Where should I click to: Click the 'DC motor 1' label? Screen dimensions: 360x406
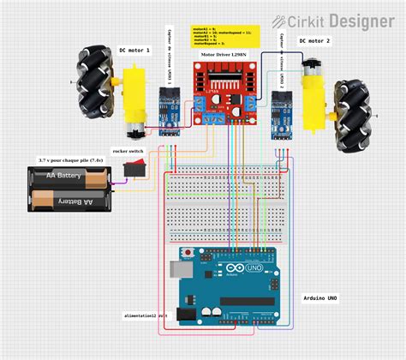tap(134, 51)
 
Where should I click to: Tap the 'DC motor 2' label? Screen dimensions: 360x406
tap(314, 40)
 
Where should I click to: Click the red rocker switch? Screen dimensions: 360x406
tap(134, 170)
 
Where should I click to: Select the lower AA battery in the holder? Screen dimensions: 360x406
tap(68, 200)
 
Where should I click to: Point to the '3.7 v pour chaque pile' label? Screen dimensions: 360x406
tap(70, 159)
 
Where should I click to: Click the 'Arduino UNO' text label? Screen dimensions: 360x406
tap(320, 299)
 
